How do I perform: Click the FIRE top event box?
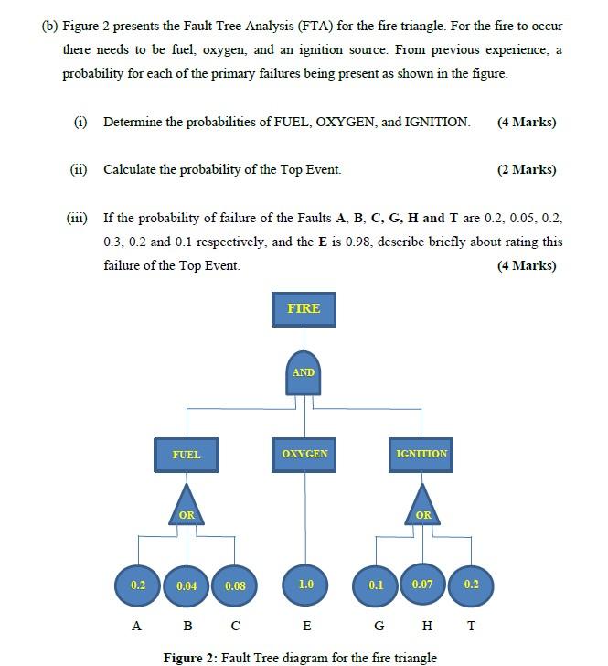click(x=304, y=309)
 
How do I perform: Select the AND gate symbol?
click(x=304, y=371)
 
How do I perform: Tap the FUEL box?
click(x=187, y=455)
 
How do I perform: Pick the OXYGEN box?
click(x=304, y=455)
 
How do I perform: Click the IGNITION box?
click(x=421, y=455)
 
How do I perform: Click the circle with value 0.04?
click(x=187, y=585)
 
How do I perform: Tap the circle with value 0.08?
click(x=235, y=585)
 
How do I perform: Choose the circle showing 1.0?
click(x=305, y=585)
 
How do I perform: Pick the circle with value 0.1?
click(x=376, y=585)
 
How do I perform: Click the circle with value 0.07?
click(x=422, y=583)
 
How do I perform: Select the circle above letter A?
click(x=138, y=585)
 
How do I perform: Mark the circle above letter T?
click(x=471, y=585)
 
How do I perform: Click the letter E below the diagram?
click(x=306, y=627)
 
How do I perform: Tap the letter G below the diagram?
click(x=377, y=627)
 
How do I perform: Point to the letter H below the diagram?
click(x=424, y=627)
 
